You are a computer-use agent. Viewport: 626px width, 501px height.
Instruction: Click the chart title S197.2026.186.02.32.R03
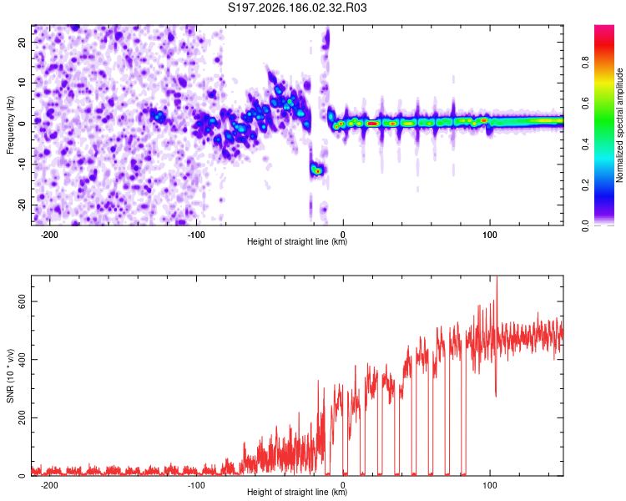[x=297, y=8]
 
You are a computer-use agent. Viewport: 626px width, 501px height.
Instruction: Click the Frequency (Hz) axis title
[x=10, y=125]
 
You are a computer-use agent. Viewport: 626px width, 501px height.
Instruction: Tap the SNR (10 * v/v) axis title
[x=10, y=376]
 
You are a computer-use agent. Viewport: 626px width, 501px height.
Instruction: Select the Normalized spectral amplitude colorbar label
[x=619, y=125]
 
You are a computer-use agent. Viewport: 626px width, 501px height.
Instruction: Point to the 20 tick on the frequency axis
[x=23, y=42]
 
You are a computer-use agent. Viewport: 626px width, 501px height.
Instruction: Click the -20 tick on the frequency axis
[x=23, y=205]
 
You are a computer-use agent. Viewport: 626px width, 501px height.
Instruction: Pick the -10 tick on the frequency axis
[x=23, y=164]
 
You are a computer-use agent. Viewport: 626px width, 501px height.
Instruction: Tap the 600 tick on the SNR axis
[x=23, y=301]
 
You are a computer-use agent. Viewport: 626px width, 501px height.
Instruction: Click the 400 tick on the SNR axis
[x=23, y=360]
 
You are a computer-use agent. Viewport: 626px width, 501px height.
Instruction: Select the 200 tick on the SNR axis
[x=23, y=417]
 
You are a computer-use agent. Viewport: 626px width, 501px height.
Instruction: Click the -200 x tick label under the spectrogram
[x=49, y=235]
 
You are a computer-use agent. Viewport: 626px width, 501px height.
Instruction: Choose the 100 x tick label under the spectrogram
[x=490, y=235]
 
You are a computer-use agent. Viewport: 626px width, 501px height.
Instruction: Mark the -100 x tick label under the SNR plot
[x=196, y=485]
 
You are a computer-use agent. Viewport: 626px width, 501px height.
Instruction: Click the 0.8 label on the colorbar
[x=585, y=62]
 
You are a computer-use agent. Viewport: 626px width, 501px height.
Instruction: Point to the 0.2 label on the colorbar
[x=585, y=185]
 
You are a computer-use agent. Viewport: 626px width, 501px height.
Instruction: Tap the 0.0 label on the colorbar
[x=585, y=225]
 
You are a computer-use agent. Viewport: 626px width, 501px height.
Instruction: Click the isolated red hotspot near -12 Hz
[x=318, y=171]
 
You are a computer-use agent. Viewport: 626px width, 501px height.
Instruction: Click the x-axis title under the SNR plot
[x=297, y=492]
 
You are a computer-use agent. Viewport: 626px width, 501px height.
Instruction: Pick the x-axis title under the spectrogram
[x=297, y=241]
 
